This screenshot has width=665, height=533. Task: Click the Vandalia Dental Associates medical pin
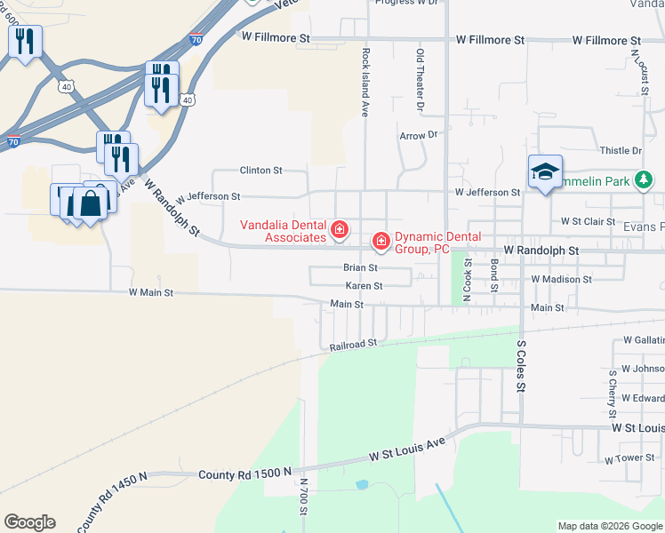pyautogui.click(x=339, y=231)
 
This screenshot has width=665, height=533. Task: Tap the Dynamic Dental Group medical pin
pyautogui.click(x=381, y=242)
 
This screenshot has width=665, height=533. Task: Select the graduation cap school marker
pyautogui.click(x=545, y=172)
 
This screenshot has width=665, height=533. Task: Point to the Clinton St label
pyautogui.click(x=260, y=170)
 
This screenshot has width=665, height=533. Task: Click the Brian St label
pyautogui.click(x=361, y=267)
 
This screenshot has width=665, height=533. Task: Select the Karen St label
pyautogui.click(x=364, y=286)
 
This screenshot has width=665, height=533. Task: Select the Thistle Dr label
pyautogui.click(x=621, y=151)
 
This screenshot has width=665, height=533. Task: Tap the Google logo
pyautogui.click(x=29, y=522)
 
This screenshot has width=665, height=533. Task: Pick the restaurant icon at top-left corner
pyautogui.click(x=25, y=41)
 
